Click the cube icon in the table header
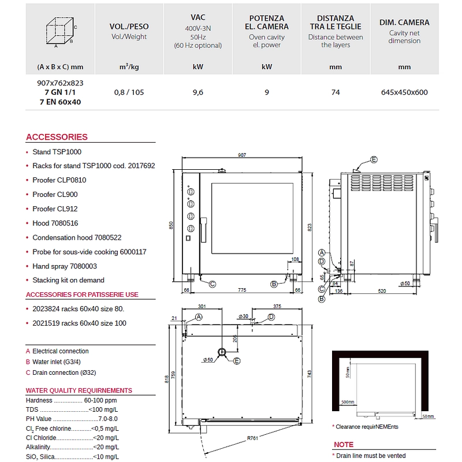point(60,32)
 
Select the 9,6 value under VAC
point(198,92)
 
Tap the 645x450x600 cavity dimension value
point(404,92)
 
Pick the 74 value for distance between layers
point(336,92)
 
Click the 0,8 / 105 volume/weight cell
point(129,92)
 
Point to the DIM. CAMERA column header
point(404,23)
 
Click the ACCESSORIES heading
point(57,137)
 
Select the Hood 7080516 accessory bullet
point(55,223)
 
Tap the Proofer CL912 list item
point(55,209)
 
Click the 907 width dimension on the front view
point(242,155)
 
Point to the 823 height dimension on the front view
point(310,227)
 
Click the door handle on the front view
point(204,230)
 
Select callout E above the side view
point(374,160)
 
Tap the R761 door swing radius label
point(252,438)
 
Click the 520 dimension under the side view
point(382,291)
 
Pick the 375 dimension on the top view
point(277,307)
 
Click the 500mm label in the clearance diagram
point(348,402)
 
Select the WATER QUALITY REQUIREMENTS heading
point(79,390)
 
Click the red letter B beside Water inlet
point(28,362)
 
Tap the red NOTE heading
point(344,445)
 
